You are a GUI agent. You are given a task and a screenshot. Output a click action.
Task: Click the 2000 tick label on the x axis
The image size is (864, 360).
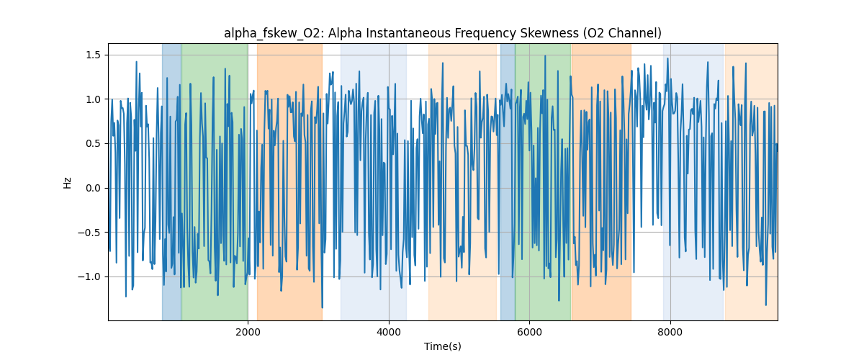pos(248,333)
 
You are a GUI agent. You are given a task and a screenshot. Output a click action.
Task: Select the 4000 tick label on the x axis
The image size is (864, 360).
pos(389,333)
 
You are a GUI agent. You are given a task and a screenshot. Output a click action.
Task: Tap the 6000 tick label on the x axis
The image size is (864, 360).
pos(529,333)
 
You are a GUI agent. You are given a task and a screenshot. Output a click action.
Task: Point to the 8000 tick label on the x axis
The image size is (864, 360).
pos(670,333)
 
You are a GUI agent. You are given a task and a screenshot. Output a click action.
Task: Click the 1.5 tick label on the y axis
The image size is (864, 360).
pos(94,55)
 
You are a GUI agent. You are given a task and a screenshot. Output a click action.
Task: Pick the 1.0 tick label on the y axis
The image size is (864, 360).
pos(94,99)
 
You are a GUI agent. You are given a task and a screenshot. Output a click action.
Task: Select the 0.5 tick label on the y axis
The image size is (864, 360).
pos(94,143)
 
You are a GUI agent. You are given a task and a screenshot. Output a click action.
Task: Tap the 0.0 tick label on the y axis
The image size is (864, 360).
pos(94,188)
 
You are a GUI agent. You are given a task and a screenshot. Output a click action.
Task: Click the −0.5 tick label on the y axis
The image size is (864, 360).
pos(91,233)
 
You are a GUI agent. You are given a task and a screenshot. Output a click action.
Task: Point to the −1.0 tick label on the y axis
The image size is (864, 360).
pos(91,276)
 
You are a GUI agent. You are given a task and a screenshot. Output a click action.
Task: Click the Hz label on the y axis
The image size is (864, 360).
pos(68,182)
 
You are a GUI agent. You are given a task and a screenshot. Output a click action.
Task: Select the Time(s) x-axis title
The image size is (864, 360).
pos(442,346)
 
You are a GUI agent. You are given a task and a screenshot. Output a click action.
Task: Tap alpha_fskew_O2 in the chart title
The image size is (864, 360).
pos(266,33)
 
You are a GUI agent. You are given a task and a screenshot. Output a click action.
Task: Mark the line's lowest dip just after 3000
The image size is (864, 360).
pos(322,307)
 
